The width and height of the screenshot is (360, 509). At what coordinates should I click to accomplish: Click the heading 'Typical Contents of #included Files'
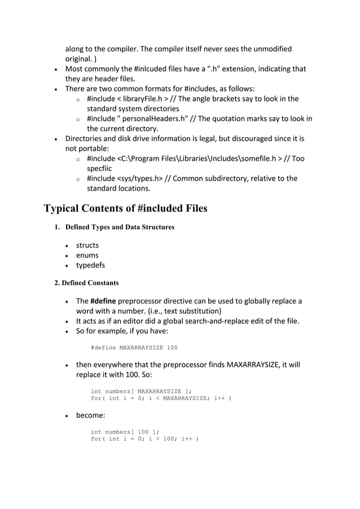point(125,208)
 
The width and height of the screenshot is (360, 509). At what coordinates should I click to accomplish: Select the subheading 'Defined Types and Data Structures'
point(120,227)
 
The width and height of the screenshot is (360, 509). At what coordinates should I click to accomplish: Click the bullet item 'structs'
point(87,245)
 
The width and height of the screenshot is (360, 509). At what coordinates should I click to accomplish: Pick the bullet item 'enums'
point(87,255)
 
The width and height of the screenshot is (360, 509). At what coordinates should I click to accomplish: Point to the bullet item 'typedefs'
point(90,265)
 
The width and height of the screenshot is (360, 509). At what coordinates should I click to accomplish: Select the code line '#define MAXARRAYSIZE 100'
point(134,348)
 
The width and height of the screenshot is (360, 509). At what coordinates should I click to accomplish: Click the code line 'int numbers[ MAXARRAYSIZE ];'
point(141,389)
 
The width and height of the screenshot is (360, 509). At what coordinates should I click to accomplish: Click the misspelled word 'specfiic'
point(99,168)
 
